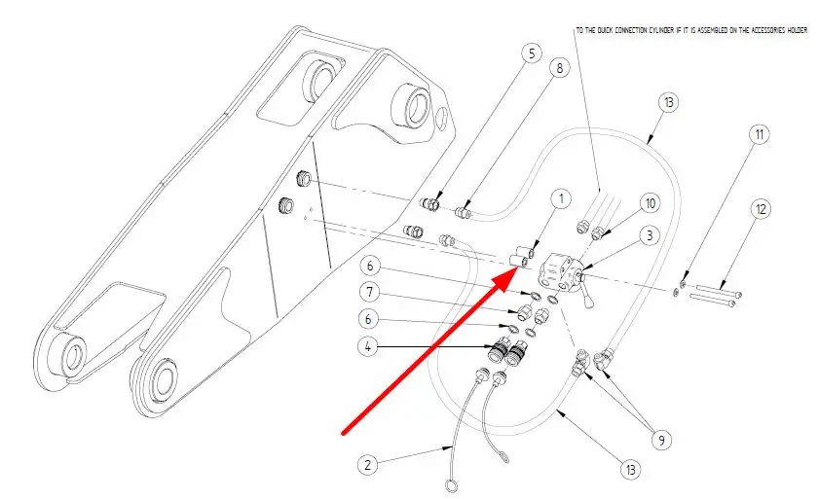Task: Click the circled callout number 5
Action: pyautogui.click(x=530, y=53)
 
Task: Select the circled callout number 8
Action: pyautogui.click(x=557, y=68)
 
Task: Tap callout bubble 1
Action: pyautogui.click(x=560, y=199)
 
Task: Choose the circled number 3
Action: pyautogui.click(x=649, y=235)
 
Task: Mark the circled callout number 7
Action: pyautogui.click(x=369, y=291)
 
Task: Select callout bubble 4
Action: pyautogui.click(x=369, y=344)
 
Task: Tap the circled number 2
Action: pyautogui.click(x=368, y=465)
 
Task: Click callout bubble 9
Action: pyautogui.click(x=662, y=440)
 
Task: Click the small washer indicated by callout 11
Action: pyautogui.click(x=677, y=290)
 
